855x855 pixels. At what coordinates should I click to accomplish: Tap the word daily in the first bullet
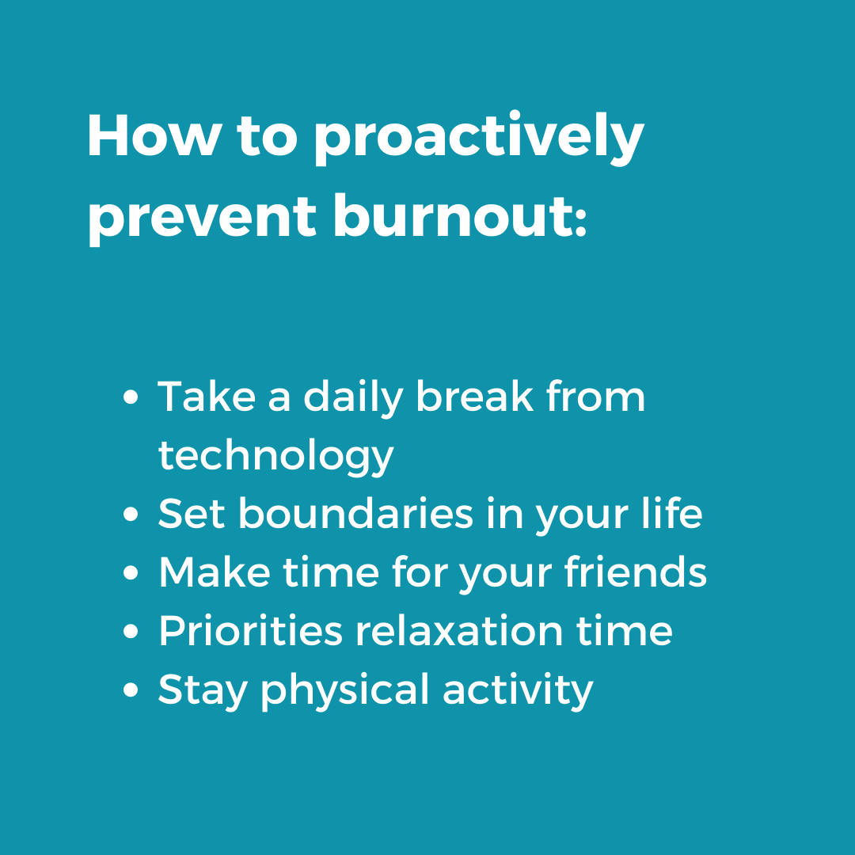coord(354,397)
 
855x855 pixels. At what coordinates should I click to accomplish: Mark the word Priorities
coord(250,632)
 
